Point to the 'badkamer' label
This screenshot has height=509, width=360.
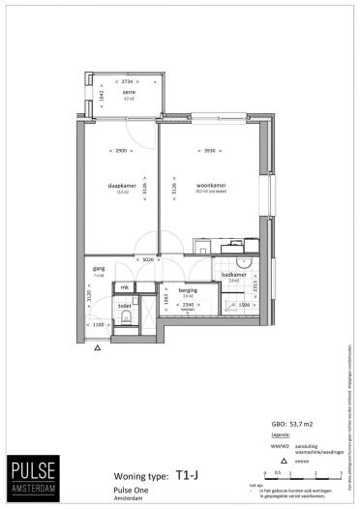tap(234, 276)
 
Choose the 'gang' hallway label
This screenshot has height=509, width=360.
tap(98, 268)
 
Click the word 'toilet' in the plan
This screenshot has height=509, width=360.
tap(124, 305)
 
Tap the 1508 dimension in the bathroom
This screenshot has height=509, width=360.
tap(245, 305)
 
